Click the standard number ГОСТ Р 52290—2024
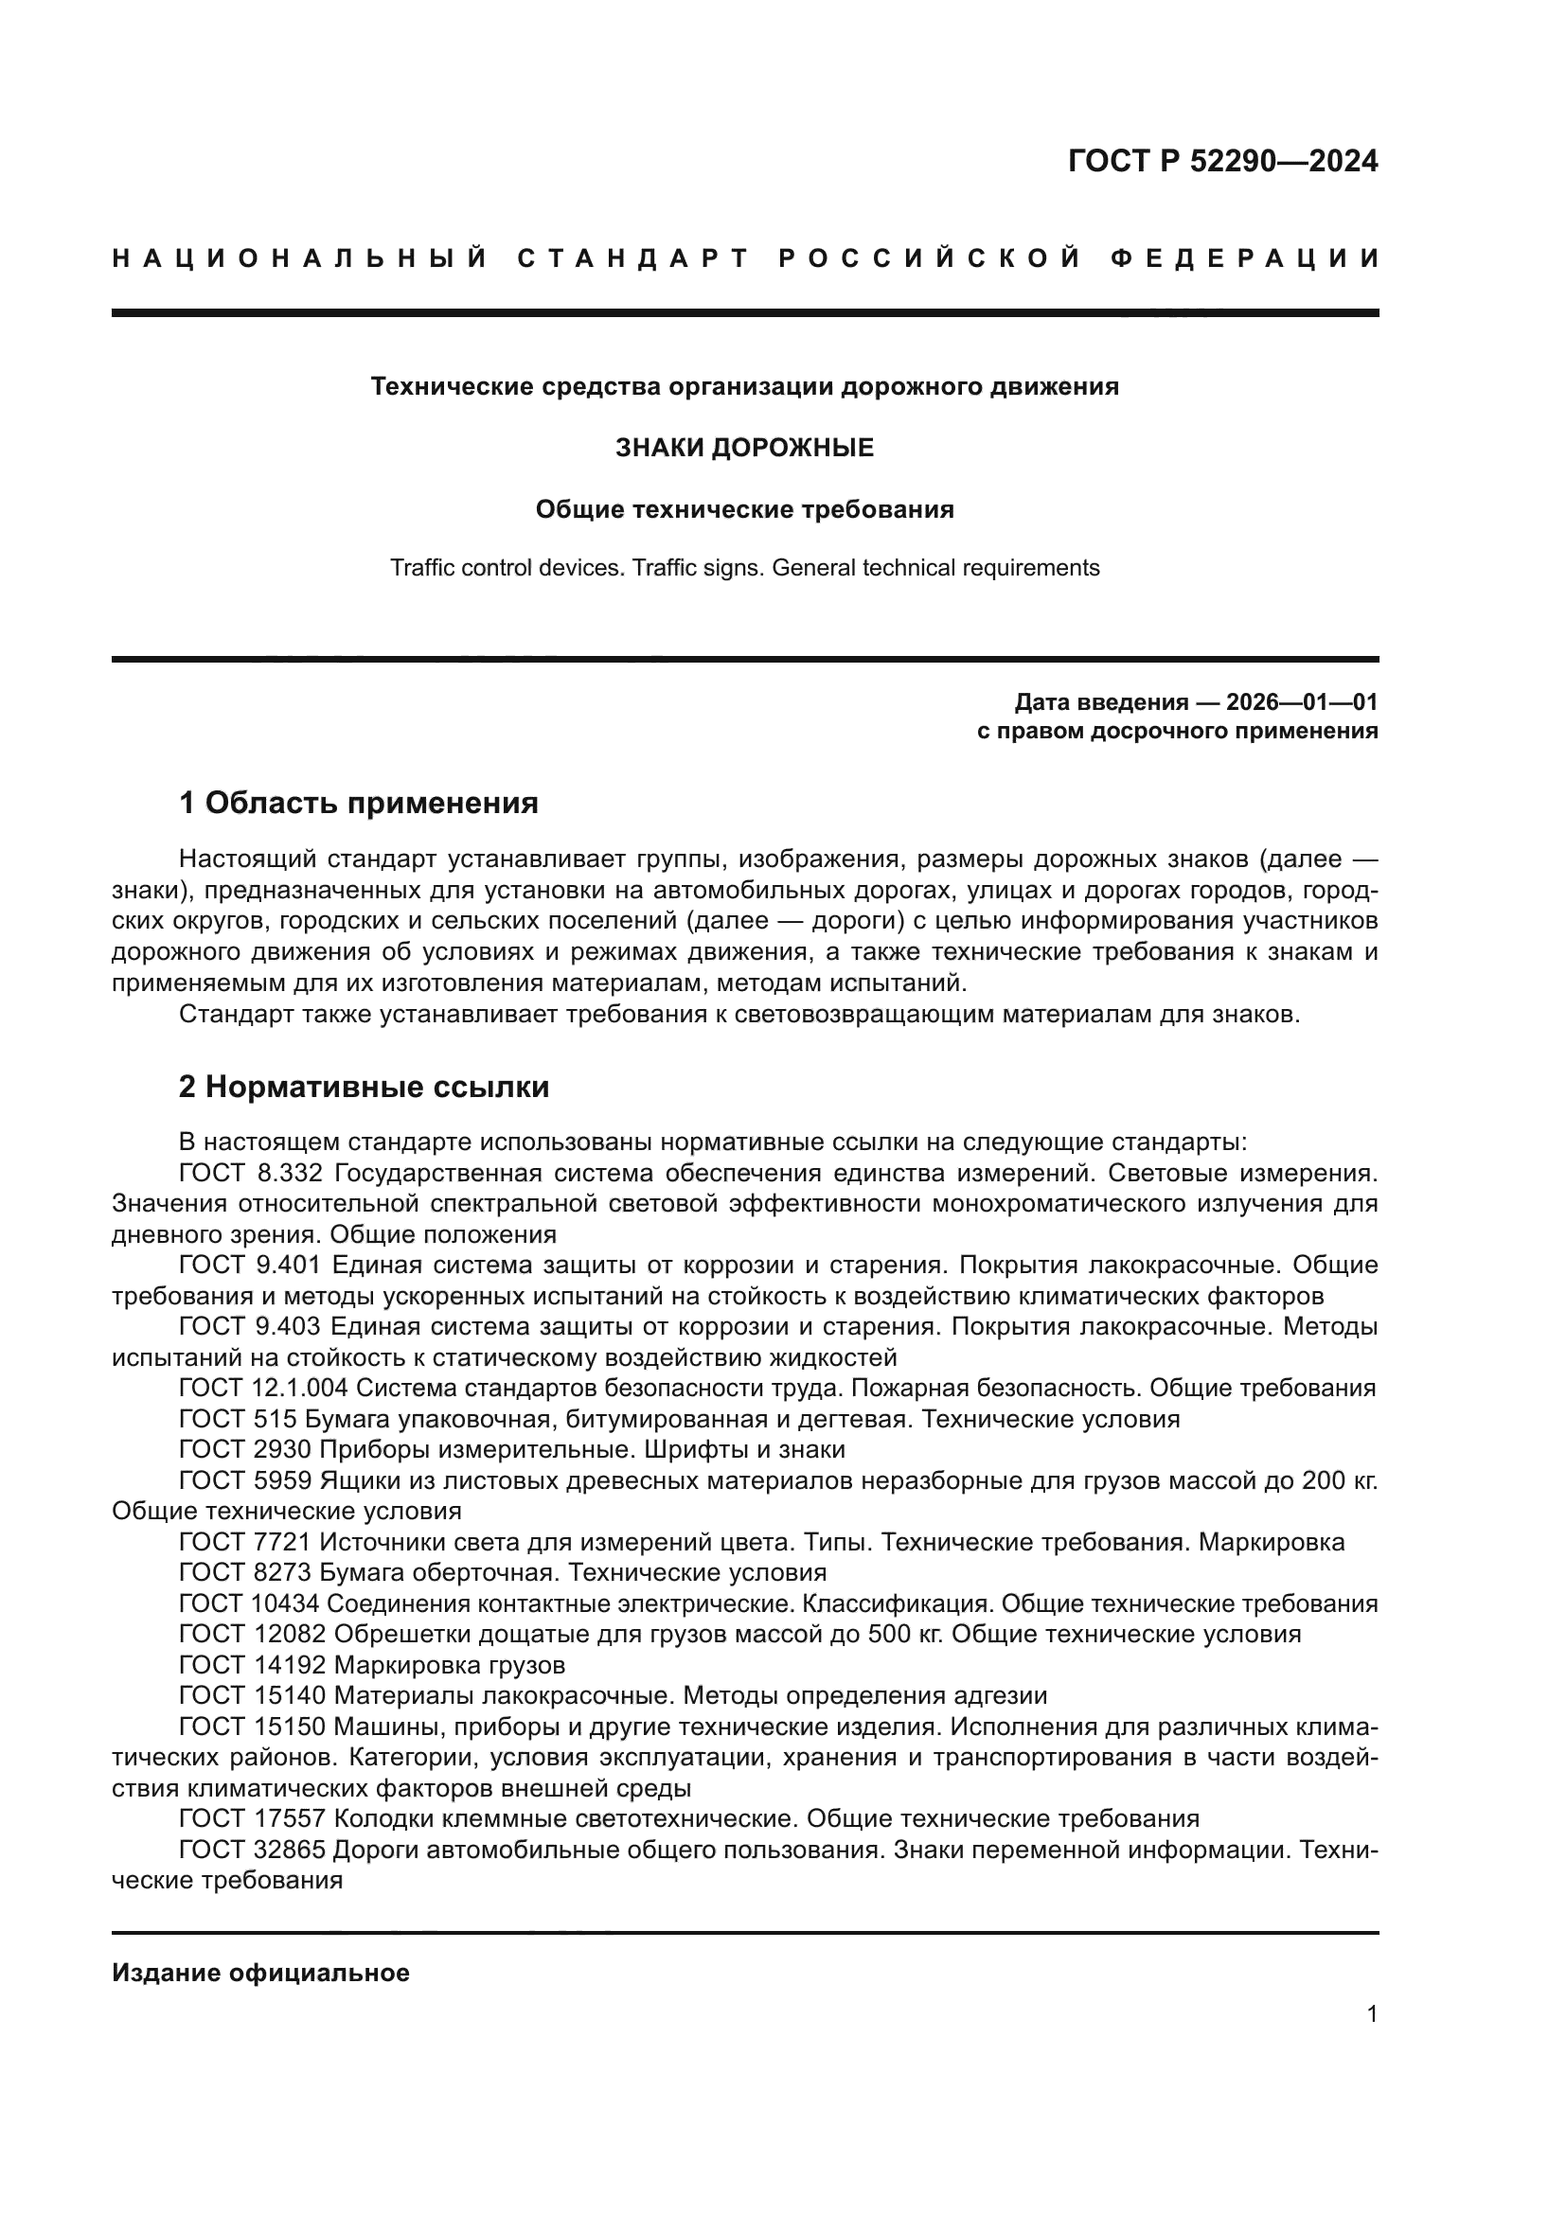click(1222, 161)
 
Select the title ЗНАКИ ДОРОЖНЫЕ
click(744, 448)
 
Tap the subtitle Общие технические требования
click(744, 509)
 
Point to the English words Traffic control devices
click(507, 568)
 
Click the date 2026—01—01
click(1301, 701)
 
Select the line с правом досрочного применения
click(1178, 731)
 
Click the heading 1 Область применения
click(359, 803)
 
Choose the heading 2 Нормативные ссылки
click(365, 1087)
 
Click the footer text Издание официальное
click(260, 1973)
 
